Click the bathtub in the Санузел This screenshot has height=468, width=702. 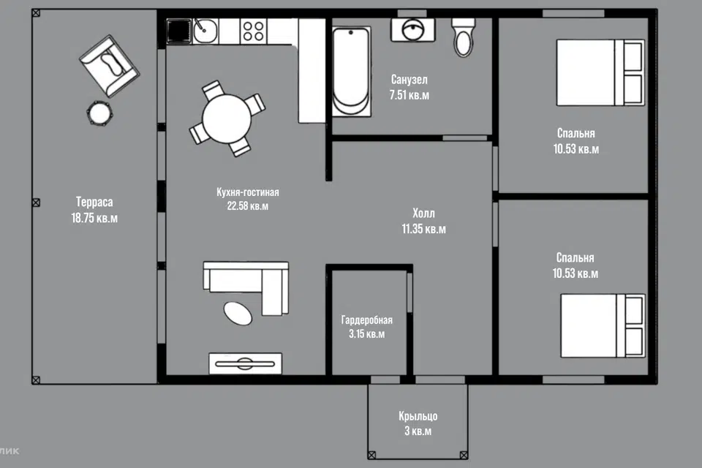point(352,72)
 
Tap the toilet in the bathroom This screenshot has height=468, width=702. point(464,37)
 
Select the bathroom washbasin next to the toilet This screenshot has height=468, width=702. point(412,30)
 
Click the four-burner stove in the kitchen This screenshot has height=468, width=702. point(254,31)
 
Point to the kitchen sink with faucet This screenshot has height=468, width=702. point(205,31)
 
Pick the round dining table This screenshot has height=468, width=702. point(227,118)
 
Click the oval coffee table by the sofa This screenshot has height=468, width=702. point(238,313)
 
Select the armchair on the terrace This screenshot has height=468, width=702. point(109,66)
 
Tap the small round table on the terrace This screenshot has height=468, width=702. point(99,113)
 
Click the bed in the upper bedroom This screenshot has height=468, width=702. point(600,72)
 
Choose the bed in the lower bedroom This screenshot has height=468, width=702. point(603,325)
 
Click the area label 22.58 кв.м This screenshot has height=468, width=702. point(248,206)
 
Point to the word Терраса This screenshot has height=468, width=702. point(94,202)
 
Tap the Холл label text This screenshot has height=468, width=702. point(423,214)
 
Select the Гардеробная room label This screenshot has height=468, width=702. point(366,320)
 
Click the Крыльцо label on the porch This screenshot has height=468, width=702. point(418,416)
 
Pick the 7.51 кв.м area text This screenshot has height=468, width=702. point(409,95)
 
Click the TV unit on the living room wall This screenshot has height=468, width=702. point(246,363)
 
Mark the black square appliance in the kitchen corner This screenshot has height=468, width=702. point(179,31)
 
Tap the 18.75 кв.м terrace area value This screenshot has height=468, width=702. point(94,218)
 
